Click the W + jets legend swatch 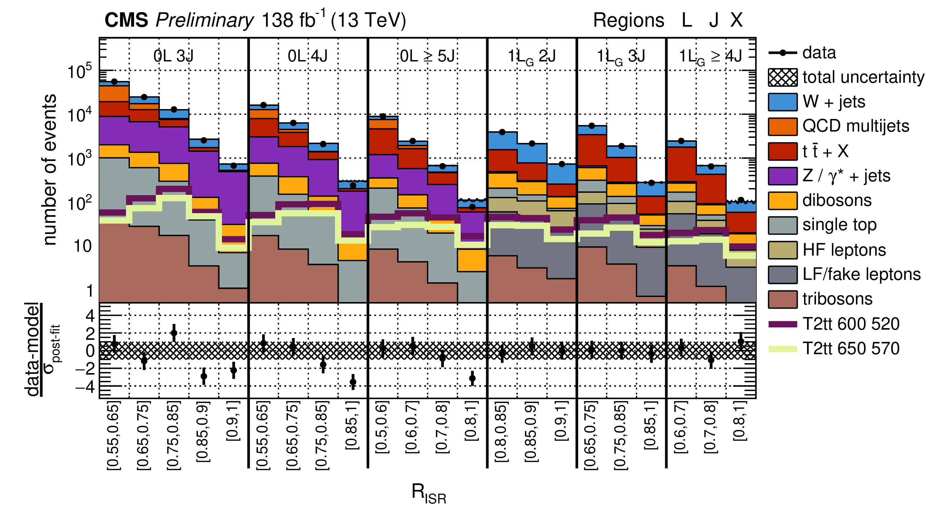[x=782, y=102]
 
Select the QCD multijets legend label [x=856, y=126]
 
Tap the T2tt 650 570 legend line [x=782, y=349]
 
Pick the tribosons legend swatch [x=782, y=299]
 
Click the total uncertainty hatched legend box [x=782, y=77]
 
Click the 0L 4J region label [x=307, y=56]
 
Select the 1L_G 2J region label [x=531, y=57]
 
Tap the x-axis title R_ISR [x=429, y=493]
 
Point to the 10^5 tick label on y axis [x=79, y=71]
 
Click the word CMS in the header [x=126, y=20]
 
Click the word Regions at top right [x=628, y=20]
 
